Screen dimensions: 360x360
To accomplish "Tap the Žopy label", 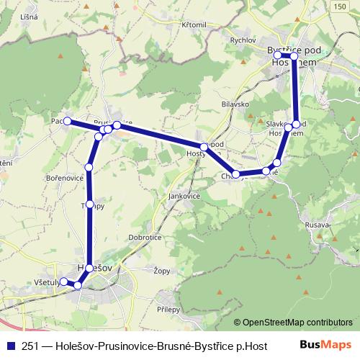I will tap(162, 272).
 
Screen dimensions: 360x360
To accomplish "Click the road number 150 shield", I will tap(339, 6).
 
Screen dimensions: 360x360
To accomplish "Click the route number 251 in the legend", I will tap(31, 345).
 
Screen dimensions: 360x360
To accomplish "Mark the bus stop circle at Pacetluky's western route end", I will tap(68, 122).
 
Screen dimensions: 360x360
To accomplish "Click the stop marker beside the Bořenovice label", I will tap(89, 167).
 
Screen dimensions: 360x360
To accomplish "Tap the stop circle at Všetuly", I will tap(63, 282).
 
